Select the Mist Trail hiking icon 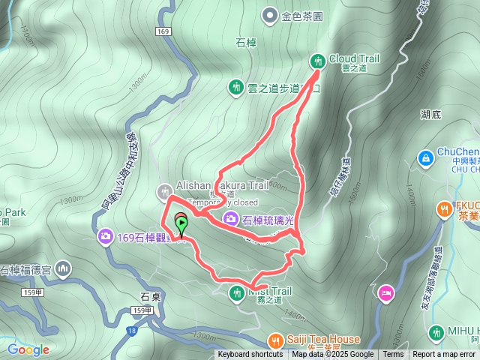(x=236, y=291)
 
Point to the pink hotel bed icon (x=385, y=291)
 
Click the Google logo (x=28, y=349)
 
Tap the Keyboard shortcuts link (x=250, y=355)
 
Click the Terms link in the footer (x=393, y=355)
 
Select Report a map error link (x=444, y=355)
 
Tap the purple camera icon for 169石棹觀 (x=106, y=237)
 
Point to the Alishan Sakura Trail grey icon (x=165, y=191)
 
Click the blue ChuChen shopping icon (x=425, y=158)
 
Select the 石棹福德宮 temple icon (x=63, y=268)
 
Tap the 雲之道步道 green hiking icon (x=236, y=87)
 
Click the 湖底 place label (x=430, y=114)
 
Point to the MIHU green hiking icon (x=436, y=331)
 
